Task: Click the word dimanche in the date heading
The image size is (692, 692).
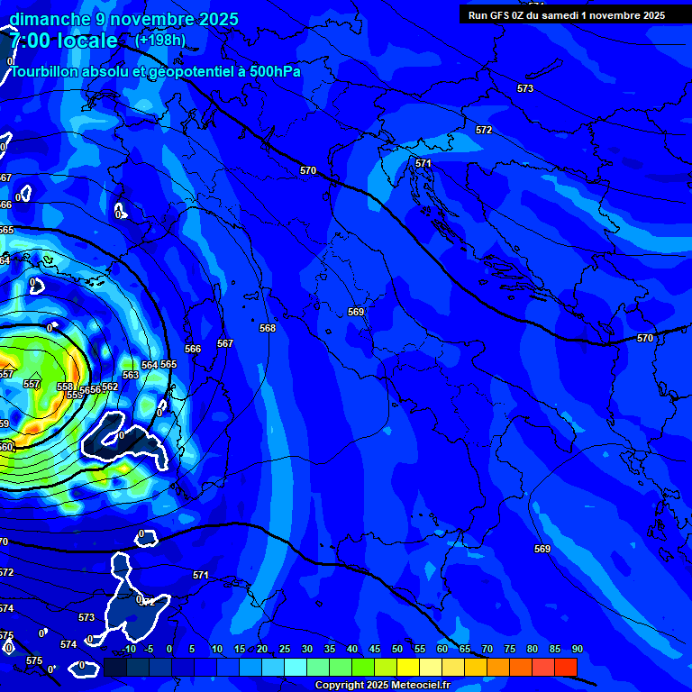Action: (x=50, y=19)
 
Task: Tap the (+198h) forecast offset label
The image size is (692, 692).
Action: (x=160, y=41)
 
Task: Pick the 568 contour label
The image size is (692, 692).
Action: (x=268, y=329)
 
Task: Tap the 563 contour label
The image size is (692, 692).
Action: (x=131, y=375)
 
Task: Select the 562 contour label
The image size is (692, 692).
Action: (x=110, y=387)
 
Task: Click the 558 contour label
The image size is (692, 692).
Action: (x=65, y=387)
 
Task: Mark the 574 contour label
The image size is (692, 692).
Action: (x=68, y=644)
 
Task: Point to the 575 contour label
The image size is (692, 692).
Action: (x=34, y=660)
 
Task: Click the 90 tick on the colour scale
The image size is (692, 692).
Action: (x=577, y=649)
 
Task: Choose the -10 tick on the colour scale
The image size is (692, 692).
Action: (x=129, y=649)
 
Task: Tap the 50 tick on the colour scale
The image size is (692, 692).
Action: (x=397, y=649)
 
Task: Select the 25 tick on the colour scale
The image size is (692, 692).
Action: (x=285, y=649)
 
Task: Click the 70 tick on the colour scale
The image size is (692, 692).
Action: (x=487, y=649)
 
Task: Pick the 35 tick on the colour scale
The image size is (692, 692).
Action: (x=330, y=649)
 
